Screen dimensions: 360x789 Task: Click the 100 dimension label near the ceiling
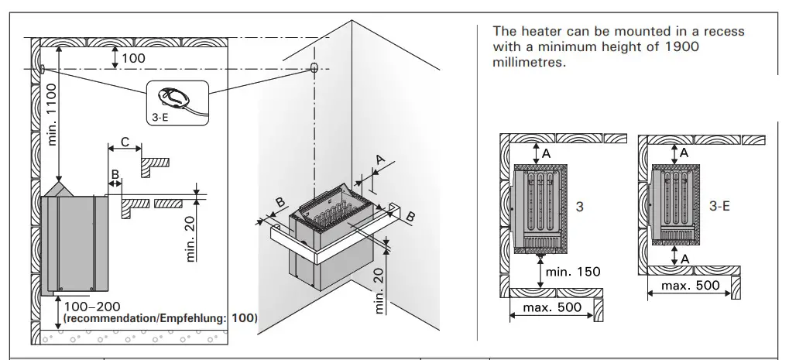[133, 58]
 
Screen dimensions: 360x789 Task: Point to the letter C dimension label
[125, 143]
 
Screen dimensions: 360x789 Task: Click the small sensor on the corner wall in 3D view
[314, 68]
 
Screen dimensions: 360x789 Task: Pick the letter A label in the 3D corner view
[380, 159]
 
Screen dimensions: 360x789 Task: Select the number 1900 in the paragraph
[682, 46]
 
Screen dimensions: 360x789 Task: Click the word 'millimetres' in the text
[529, 62]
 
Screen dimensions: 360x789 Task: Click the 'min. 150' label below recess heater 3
[572, 272]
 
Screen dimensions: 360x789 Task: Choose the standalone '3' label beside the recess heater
[579, 207]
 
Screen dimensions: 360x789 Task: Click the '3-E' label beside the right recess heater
[720, 207]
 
